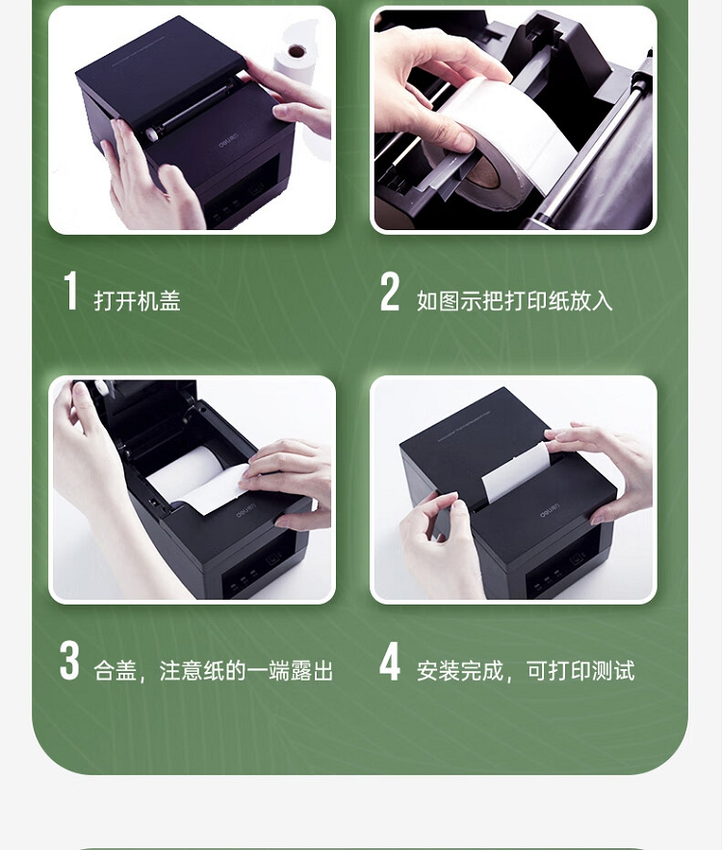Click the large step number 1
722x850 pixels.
pos(70,291)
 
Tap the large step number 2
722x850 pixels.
pos(390,291)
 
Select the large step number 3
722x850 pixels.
pos(69,660)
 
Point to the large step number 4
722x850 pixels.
pos(390,660)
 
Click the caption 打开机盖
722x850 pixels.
pos(137,300)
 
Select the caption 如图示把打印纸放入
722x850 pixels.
pos(514,301)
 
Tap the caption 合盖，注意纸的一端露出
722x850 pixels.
pos(213,671)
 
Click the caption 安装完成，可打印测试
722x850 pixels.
pos(526,671)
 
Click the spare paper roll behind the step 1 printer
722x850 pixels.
pos(295,63)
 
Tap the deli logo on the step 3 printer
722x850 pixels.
pos(245,510)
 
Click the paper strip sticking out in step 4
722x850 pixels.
pos(515,472)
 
